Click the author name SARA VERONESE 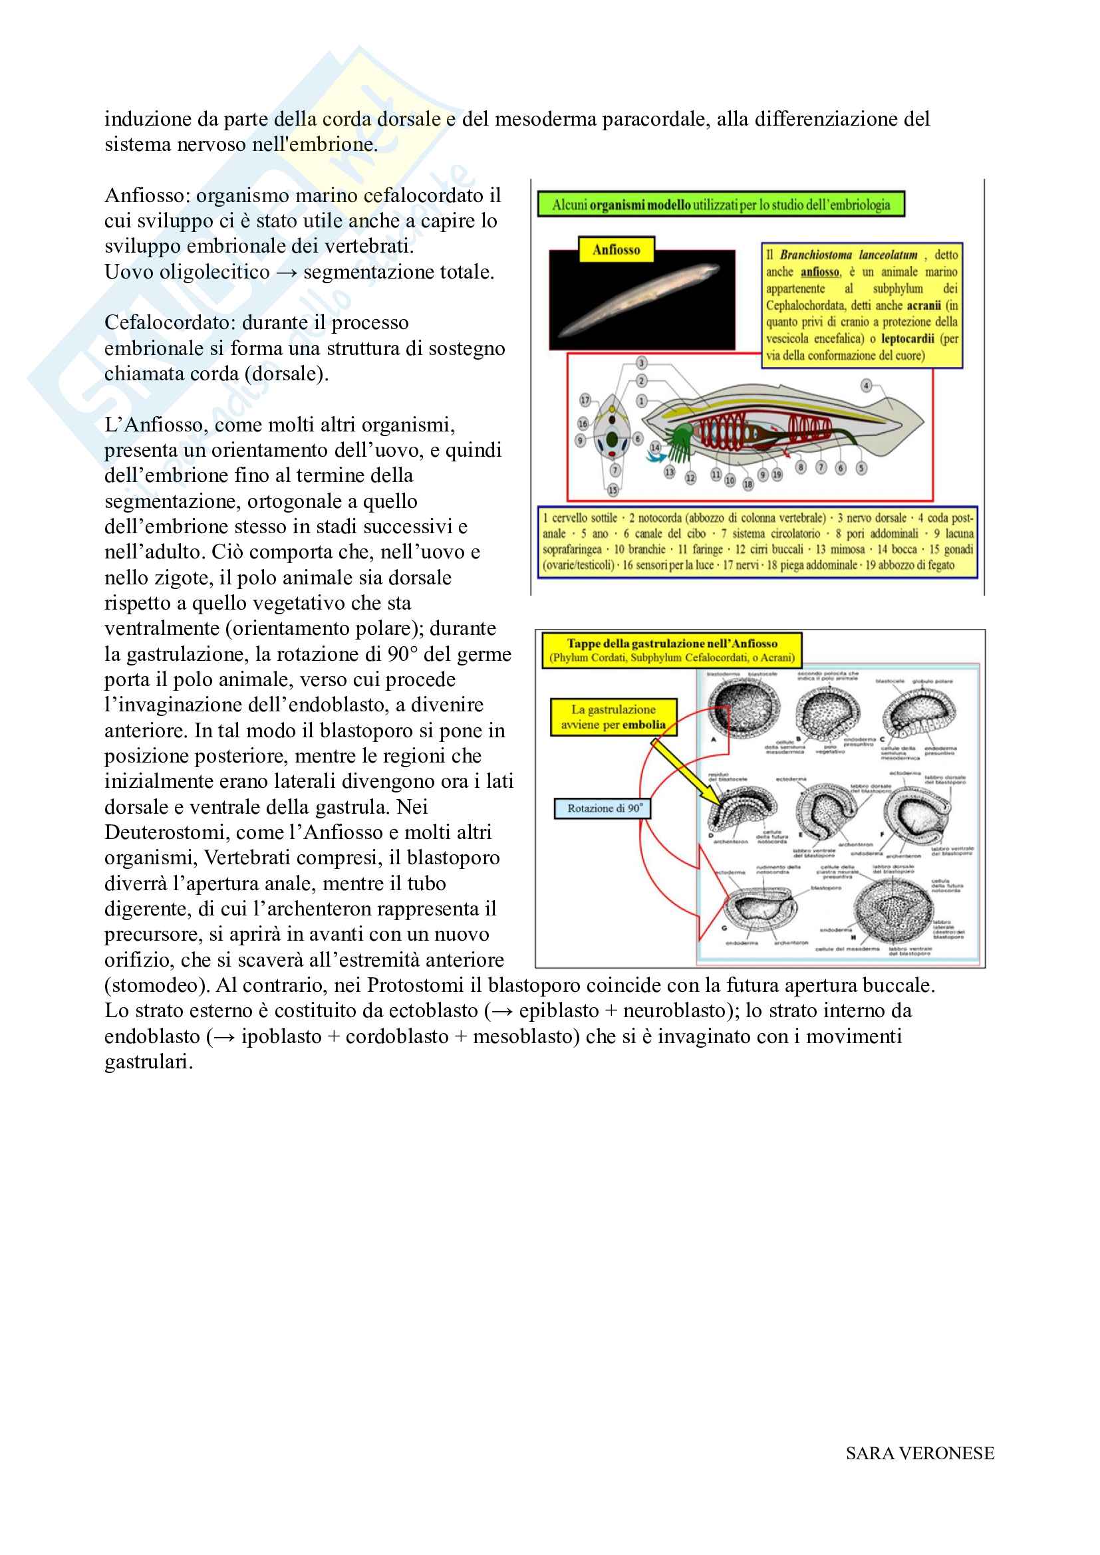[919, 1453]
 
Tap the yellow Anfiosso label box [616, 250]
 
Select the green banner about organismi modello [721, 205]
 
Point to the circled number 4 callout [866, 386]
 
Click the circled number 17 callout [585, 400]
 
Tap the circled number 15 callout [613, 490]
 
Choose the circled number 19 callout [777, 475]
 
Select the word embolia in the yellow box [644, 725]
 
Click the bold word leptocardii [907, 338]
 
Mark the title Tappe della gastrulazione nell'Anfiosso [672, 644]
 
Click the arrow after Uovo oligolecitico [287, 273]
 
